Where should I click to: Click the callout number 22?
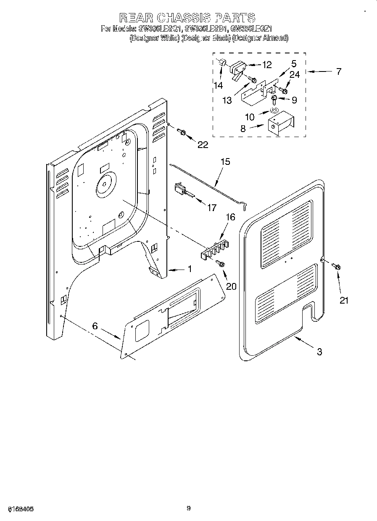coord(203,144)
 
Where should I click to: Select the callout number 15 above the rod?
coord(225,161)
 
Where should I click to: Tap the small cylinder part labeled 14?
coord(222,63)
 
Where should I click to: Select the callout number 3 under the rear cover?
coord(319,352)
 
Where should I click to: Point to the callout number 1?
coord(190,269)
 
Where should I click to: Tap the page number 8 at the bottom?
coord(189,508)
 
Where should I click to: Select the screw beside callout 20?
coord(221,264)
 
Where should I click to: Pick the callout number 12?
coord(266,65)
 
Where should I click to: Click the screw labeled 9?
coord(274,99)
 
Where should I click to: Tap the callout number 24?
coord(294,74)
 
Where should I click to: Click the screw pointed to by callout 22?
coord(182,132)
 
